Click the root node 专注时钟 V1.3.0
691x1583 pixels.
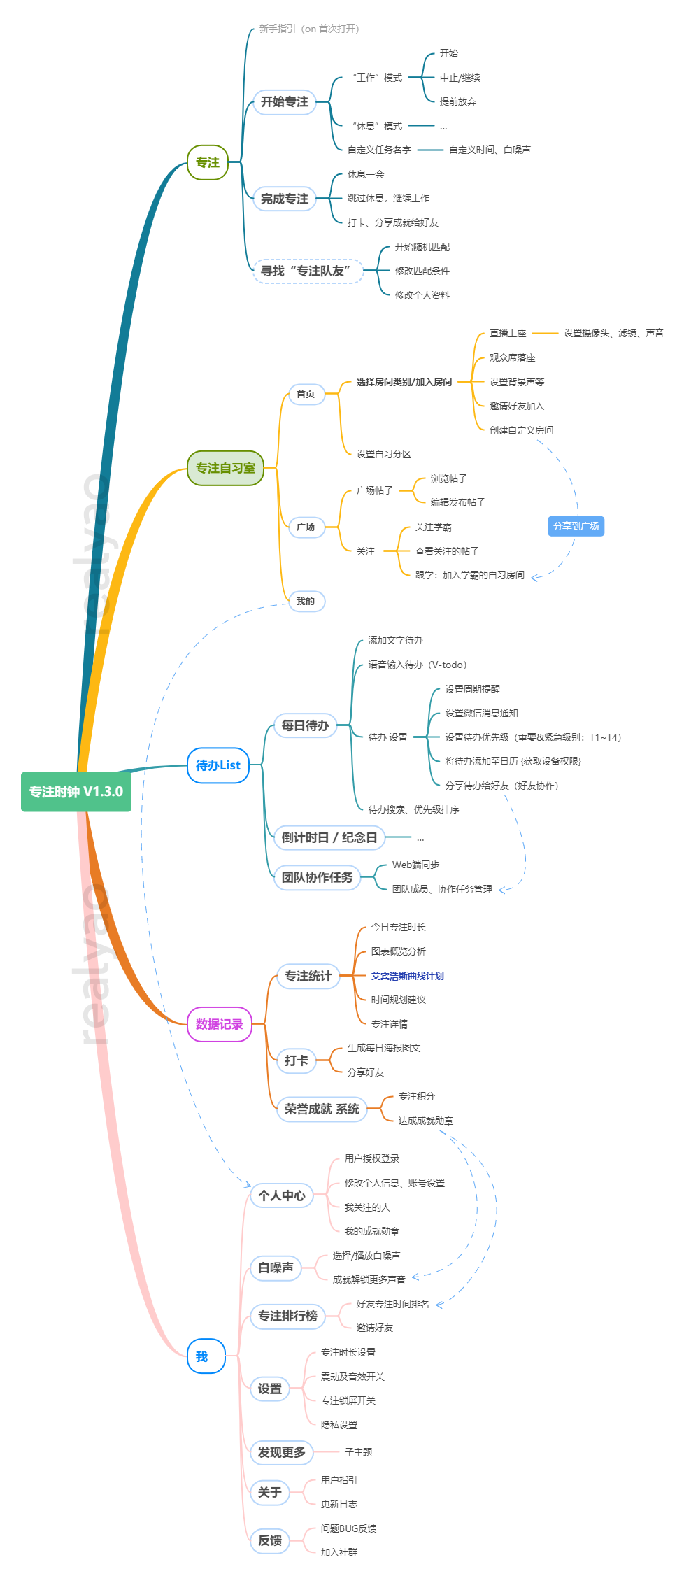[x=76, y=792]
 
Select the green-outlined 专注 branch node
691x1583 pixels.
[x=208, y=162]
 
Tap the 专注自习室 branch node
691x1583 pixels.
[x=225, y=468]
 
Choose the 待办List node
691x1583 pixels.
[x=218, y=765]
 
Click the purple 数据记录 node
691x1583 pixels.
[x=219, y=1024]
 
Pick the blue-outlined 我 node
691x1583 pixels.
[x=201, y=1356]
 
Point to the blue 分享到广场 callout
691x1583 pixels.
[x=576, y=526]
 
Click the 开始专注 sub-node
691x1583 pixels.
[x=284, y=102]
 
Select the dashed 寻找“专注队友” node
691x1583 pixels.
[x=306, y=271]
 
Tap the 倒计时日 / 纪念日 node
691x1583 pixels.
[x=329, y=837]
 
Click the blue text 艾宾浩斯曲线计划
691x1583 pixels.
[x=407, y=976]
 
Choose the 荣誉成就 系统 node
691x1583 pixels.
[x=322, y=1109]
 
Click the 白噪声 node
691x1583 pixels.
[x=276, y=1268]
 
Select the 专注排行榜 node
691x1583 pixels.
[x=287, y=1316]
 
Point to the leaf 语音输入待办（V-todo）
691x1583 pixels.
[x=417, y=665]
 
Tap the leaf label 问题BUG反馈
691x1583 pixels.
[x=348, y=1528]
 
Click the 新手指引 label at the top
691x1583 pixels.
[x=308, y=29]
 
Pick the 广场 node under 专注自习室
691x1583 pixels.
[x=306, y=527]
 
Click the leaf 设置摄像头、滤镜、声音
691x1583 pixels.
[x=613, y=333]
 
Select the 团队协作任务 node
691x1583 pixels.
[x=317, y=877]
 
